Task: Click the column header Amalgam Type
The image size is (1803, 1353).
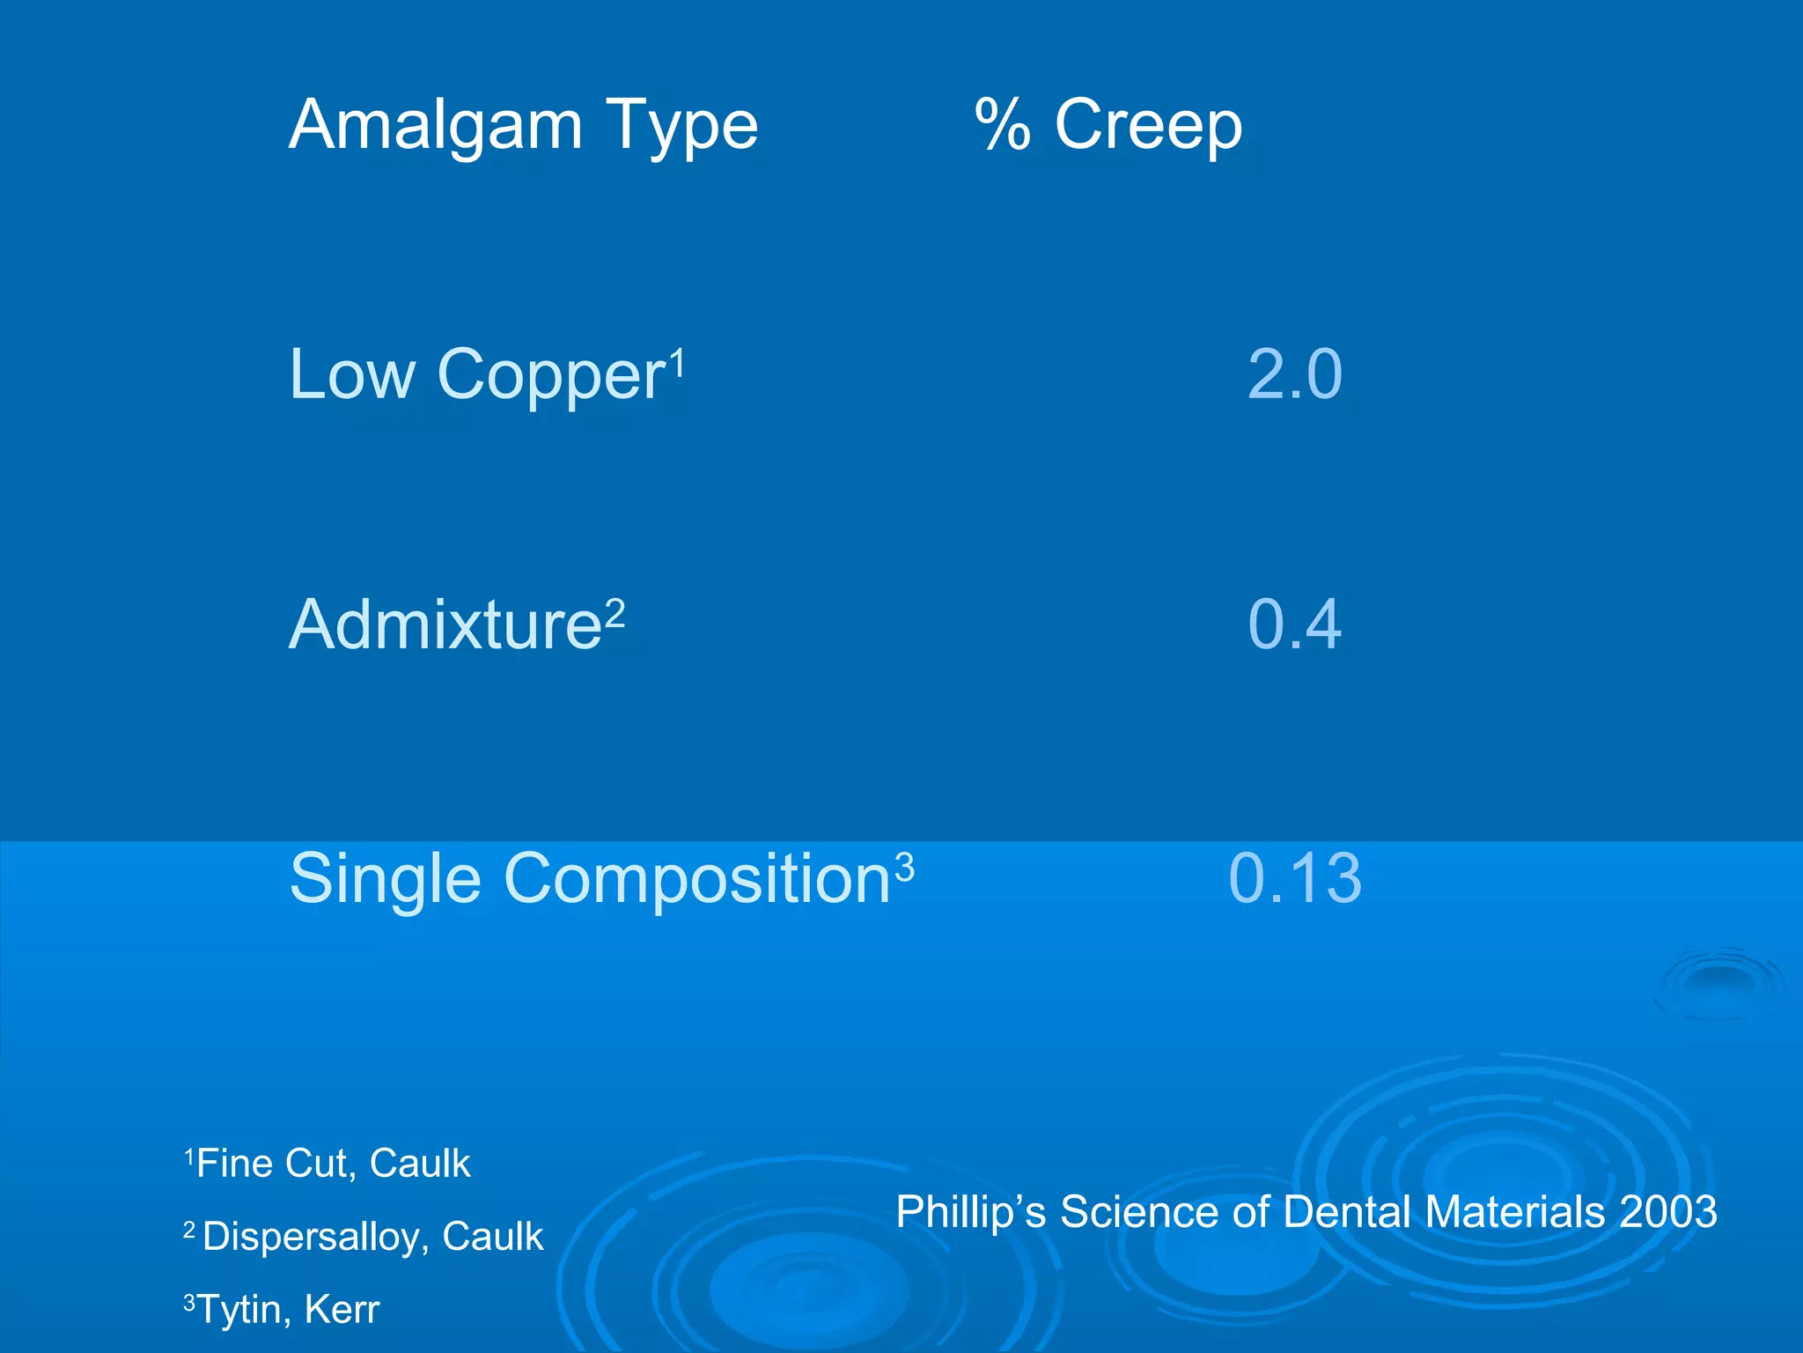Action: (523, 126)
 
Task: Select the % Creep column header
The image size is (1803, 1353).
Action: (1109, 126)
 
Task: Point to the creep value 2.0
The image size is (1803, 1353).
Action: (1295, 375)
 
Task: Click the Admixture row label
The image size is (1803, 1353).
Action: (445, 625)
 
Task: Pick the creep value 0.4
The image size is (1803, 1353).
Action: (1295, 625)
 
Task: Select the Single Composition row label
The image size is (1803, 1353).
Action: (590, 879)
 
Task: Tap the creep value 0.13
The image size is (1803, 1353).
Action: (1295, 878)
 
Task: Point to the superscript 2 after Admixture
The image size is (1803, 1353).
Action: (614, 612)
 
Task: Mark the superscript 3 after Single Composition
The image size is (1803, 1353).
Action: (904, 868)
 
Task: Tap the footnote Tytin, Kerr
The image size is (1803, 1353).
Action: (288, 1310)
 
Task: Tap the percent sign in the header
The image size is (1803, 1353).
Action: (1003, 126)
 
